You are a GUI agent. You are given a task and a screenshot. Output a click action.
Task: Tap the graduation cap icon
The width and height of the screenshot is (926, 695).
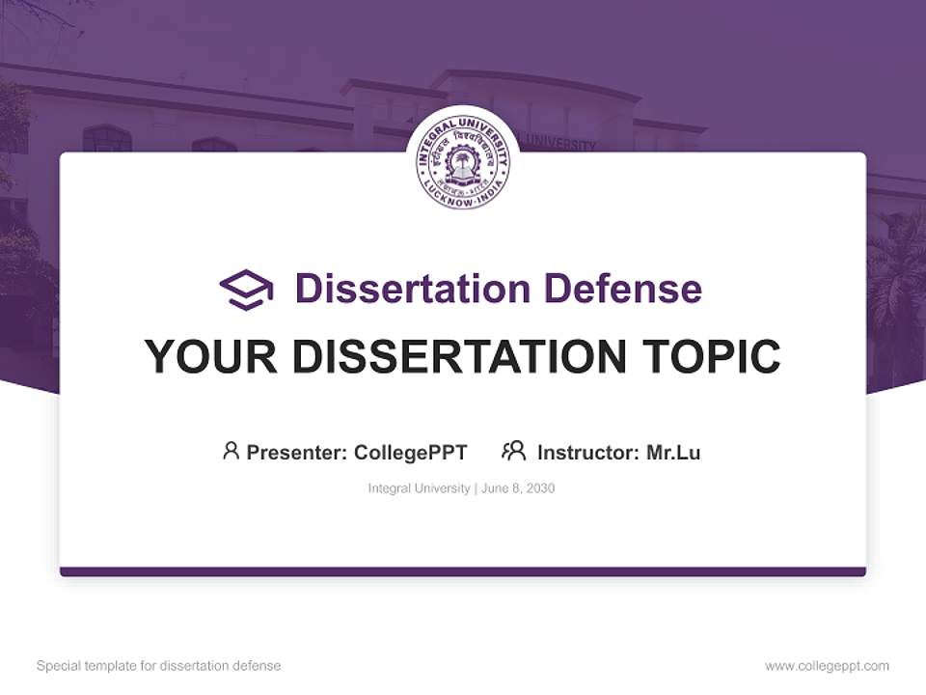(246, 290)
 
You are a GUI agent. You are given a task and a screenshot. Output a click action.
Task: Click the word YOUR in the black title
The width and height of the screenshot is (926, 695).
(211, 357)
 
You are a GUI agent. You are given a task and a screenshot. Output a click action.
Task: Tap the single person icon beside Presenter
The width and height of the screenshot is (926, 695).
(231, 451)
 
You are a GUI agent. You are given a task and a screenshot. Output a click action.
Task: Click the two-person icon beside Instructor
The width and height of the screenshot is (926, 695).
(513, 451)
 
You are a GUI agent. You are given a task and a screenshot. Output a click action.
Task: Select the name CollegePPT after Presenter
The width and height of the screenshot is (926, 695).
(411, 453)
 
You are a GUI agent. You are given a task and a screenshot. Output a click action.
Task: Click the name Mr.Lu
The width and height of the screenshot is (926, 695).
(673, 453)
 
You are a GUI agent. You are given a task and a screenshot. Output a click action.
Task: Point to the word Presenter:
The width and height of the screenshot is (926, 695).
(297, 453)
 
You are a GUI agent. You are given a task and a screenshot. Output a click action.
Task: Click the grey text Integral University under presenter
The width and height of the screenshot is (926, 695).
(419, 488)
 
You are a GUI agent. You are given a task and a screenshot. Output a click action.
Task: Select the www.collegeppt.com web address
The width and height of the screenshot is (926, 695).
(827, 666)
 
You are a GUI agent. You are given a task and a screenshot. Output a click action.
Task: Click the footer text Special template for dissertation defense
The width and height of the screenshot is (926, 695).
(159, 666)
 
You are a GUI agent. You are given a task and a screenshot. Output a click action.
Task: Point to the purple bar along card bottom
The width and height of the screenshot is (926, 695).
(463, 571)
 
